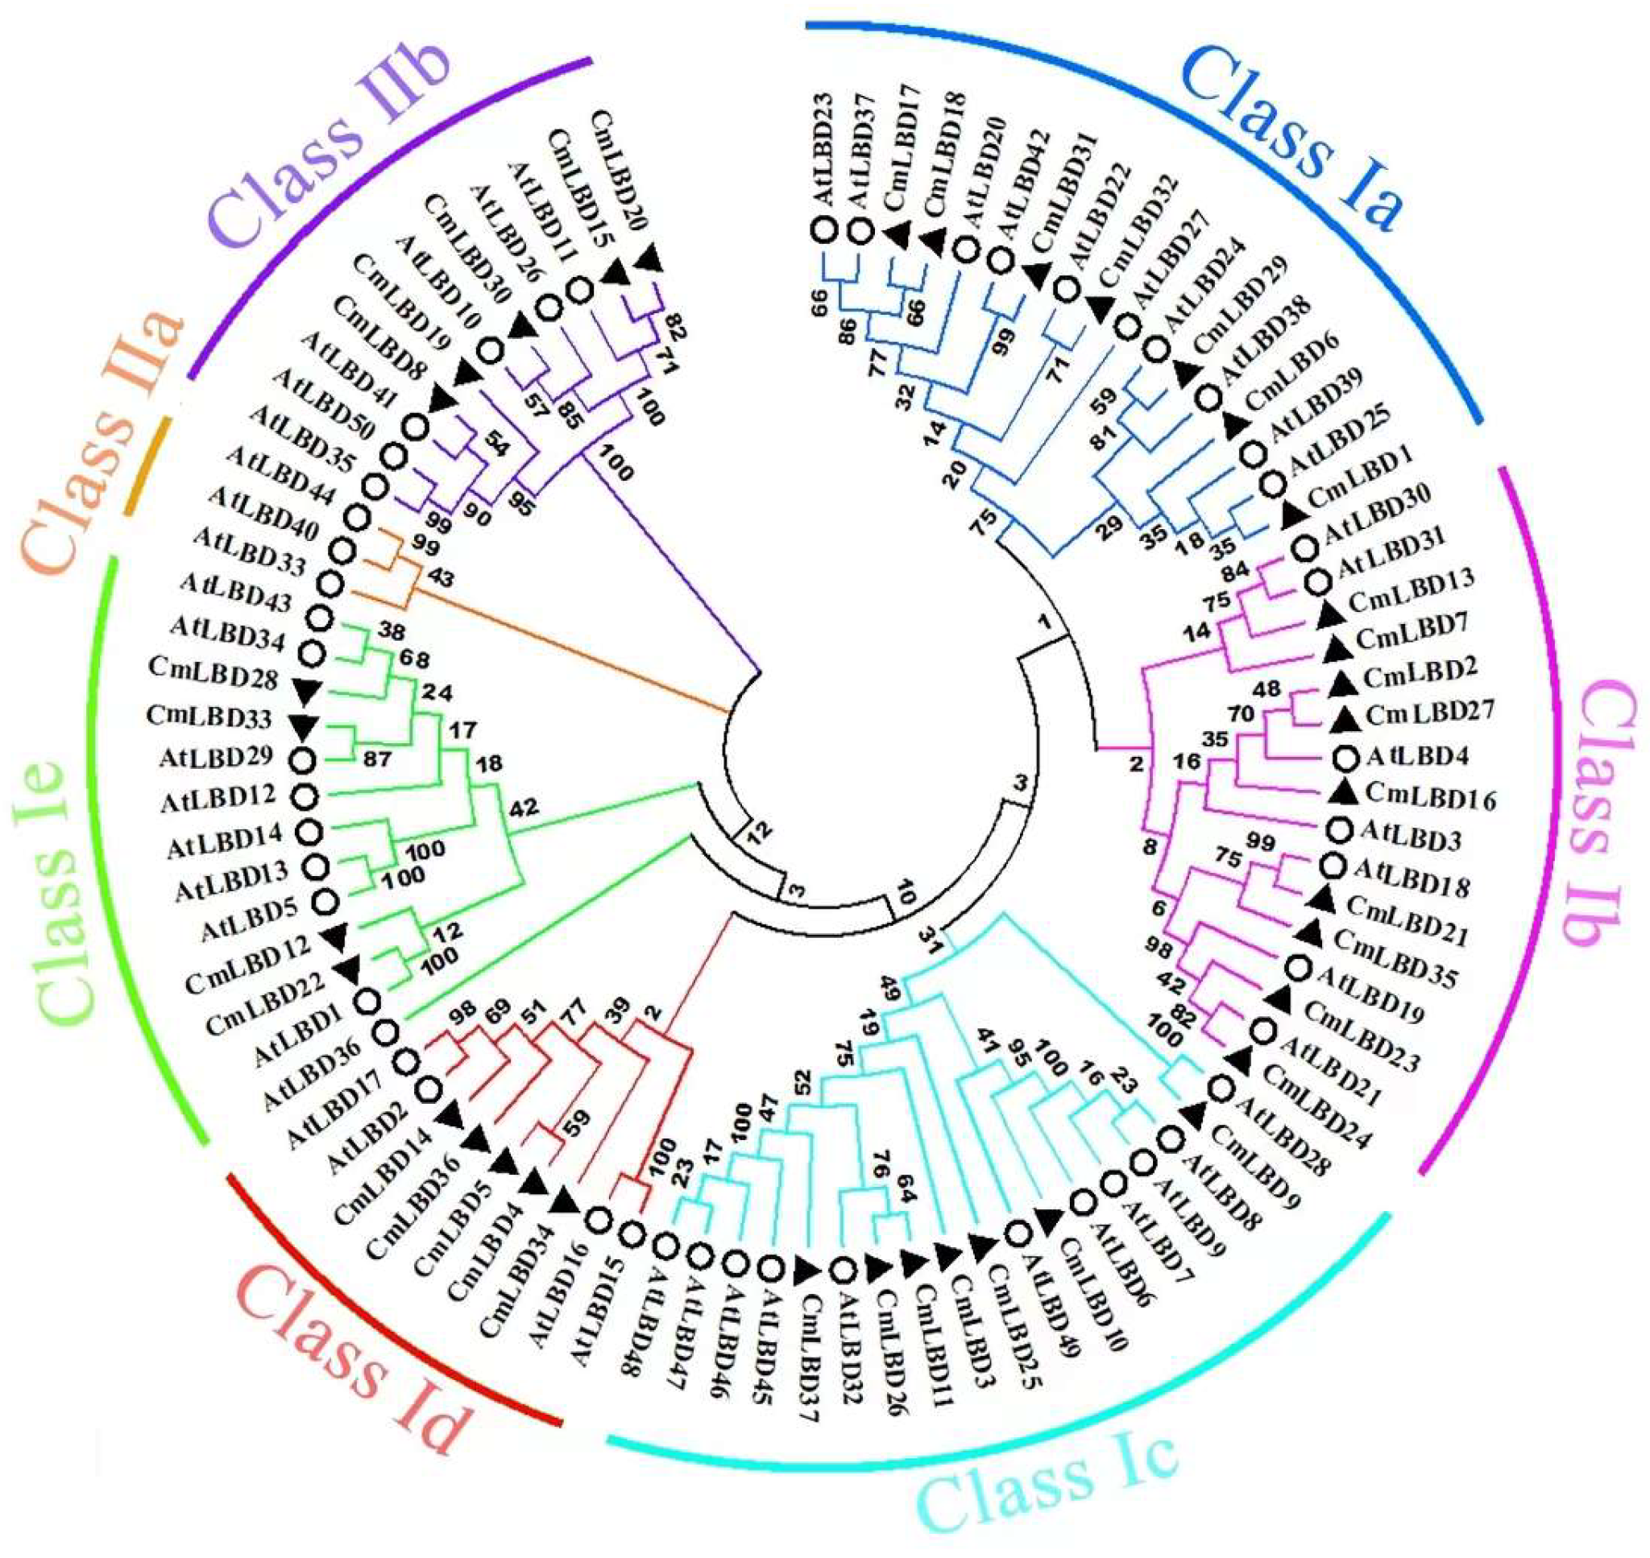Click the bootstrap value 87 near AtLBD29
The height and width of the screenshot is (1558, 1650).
click(x=378, y=758)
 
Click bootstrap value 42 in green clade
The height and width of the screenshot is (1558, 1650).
click(x=524, y=808)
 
